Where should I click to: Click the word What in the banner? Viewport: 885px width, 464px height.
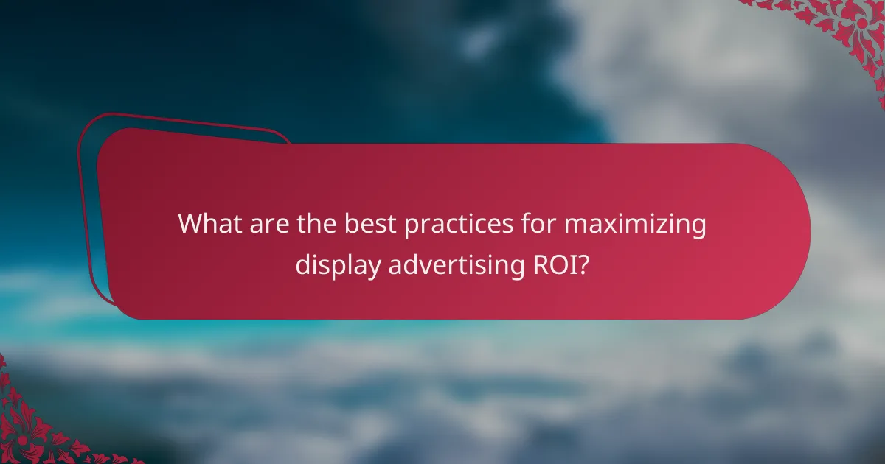pos(208,224)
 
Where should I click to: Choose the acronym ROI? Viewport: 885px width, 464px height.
pos(550,264)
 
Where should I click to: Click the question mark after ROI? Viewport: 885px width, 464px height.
pos(583,264)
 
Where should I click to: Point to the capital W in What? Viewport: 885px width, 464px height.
pos(191,224)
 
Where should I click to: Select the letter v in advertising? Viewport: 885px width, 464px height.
pos(429,266)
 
